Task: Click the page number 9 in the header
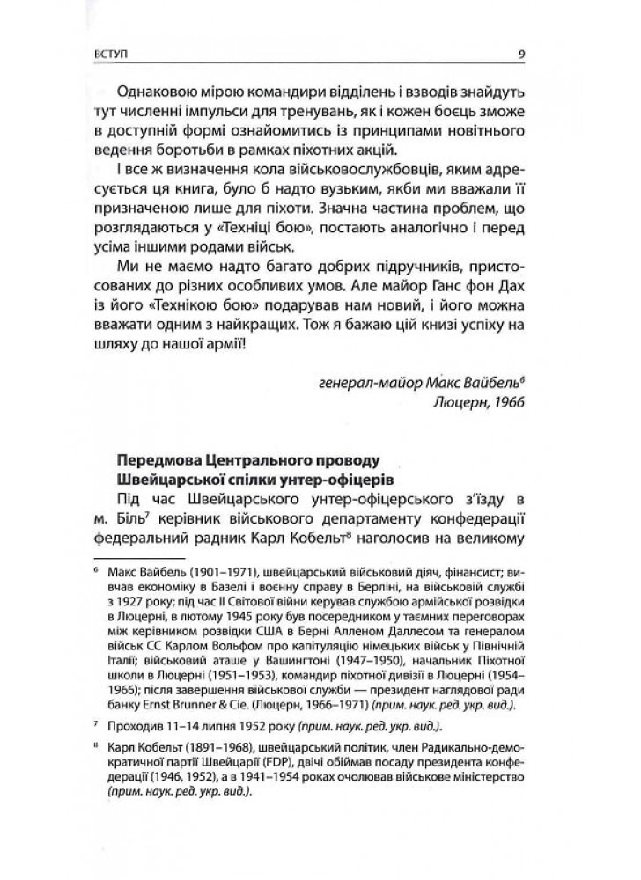[x=522, y=54]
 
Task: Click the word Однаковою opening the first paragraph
[x=150, y=92]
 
